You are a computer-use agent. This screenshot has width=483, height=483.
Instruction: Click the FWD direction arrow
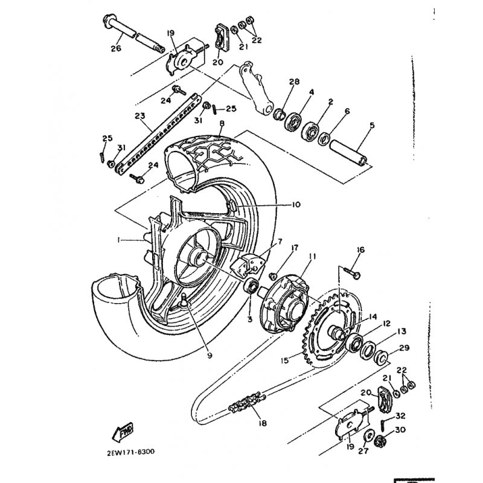click(123, 432)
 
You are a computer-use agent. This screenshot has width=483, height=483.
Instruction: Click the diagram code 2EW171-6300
click(130, 452)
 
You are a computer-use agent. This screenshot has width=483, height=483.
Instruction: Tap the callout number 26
click(116, 48)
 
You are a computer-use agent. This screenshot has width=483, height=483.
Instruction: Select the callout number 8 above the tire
click(222, 124)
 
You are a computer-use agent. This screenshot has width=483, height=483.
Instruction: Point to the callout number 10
click(296, 205)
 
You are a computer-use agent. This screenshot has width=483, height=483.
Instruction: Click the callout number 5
click(372, 126)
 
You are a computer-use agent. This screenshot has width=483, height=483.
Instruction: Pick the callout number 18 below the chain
click(263, 423)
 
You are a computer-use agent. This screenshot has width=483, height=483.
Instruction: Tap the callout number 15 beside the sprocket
click(285, 360)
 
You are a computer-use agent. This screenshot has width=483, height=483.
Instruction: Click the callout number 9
click(210, 356)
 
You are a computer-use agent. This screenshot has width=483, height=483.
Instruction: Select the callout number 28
click(294, 82)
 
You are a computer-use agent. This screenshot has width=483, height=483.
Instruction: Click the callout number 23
click(140, 116)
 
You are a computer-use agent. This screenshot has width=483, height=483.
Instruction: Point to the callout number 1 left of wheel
click(118, 240)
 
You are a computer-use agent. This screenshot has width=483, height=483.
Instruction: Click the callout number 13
click(401, 331)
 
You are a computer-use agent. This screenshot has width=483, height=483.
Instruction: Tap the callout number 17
click(295, 248)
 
